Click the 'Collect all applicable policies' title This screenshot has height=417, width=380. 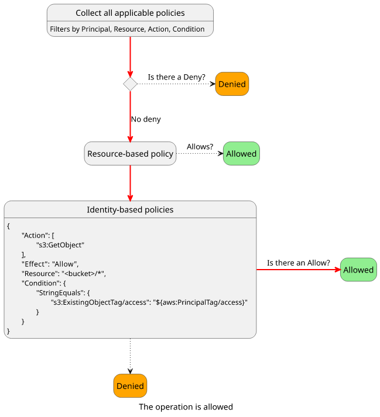click(130, 13)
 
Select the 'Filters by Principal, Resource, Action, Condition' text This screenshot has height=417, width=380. click(127, 29)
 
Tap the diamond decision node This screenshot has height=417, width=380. click(130, 84)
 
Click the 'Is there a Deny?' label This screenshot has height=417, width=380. click(177, 77)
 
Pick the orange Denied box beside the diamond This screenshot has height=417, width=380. click(232, 84)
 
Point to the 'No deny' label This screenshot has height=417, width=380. click(146, 119)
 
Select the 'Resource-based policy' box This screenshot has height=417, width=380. click(130, 153)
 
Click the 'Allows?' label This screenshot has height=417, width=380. click(200, 147)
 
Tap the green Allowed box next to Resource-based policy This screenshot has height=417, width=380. click(241, 153)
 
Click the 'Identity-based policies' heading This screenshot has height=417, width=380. click(130, 209)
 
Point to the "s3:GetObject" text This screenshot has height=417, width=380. click(60, 245)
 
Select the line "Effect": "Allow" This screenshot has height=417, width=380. click(50, 264)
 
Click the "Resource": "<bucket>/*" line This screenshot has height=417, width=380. click(64, 274)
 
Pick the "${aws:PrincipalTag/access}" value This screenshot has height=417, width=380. click(200, 302)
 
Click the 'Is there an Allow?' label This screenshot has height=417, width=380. click(299, 263)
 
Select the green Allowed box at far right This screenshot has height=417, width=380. click(358, 270)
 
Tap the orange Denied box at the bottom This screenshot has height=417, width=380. click(130, 386)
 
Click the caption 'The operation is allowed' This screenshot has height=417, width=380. click(186, 407)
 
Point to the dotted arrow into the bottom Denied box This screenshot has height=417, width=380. click(130, 356)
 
